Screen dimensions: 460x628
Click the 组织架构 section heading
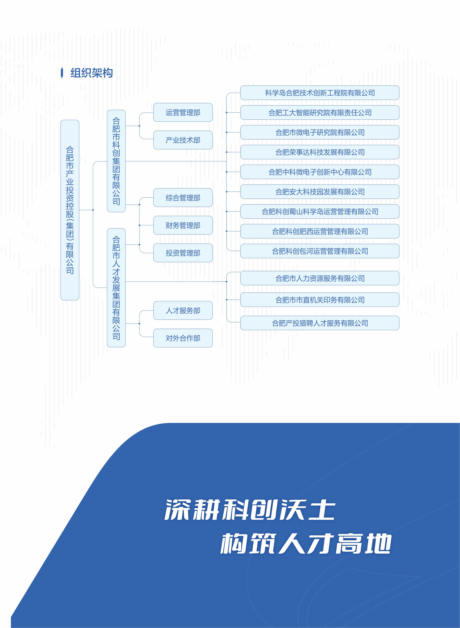[x=91, y=73]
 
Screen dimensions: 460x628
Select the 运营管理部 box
[x=183, y=112]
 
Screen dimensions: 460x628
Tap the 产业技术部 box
[x=183, y=140]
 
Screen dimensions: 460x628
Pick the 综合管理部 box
[x=183, y=198]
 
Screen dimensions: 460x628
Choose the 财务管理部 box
[x=183, y=225]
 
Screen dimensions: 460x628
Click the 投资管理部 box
[x=183, y=253]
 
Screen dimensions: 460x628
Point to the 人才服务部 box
[x=183, y=310]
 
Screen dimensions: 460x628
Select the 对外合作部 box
[x=183, y=338]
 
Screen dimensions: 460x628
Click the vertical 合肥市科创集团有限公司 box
[x=116, y=161]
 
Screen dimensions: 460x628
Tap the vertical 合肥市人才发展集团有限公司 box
[x=116, y=288]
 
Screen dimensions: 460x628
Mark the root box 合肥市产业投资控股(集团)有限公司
[x=70, y=210]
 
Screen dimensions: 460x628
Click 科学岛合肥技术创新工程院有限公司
[x=320, y=93]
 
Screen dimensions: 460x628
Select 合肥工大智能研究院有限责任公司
[x=320, y=112]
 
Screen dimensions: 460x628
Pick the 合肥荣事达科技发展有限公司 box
[x=320, y=152]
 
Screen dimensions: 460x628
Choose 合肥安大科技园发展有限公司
[x=320, y=191]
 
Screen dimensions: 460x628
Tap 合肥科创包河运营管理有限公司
[x=320, y=251]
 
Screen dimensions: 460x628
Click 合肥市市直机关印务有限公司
[x=320, y=300]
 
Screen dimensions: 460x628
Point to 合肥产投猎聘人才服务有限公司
[x=320, y=323]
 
